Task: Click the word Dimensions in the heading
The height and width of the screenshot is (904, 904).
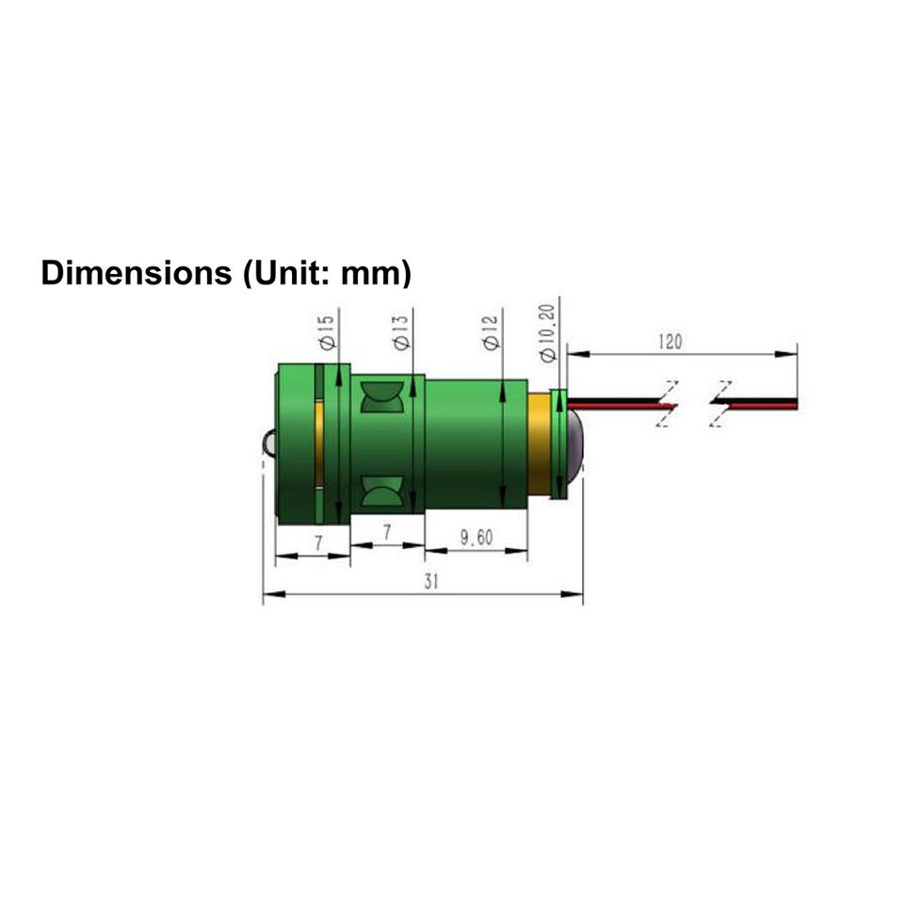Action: pyautogui.click(x=131, y=273)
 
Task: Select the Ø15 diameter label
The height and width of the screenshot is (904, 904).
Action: pyautogui.click(x=326, y=332)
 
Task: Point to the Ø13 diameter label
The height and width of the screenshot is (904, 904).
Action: pyautogui.click(x=401, y=332)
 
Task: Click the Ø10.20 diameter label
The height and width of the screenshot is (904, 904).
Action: pyautogui.click(x=550, y=330)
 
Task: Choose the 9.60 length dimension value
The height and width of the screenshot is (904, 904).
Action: pyautogui.click(x=476, y=538)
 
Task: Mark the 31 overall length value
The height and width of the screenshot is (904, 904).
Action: pyautogui.click(x=430, y=581)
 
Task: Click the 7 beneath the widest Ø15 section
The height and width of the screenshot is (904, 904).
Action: pyautogui.click(x=319, y=543)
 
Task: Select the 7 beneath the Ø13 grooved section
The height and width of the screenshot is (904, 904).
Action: pyautogui.click(x=387, y=532)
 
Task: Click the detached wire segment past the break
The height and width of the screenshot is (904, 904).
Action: pyautogui.click(x=758, y=404)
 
